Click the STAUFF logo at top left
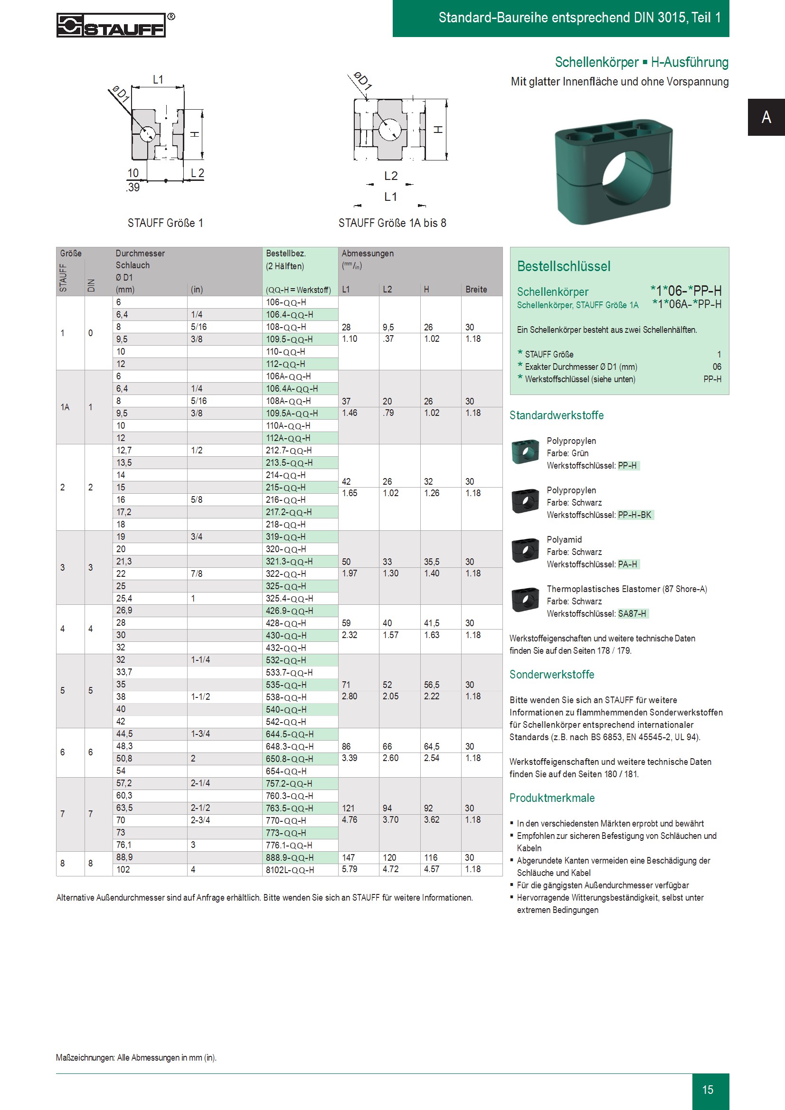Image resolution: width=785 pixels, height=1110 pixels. point(111,25)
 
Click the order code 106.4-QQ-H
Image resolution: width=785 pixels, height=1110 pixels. point(289,315)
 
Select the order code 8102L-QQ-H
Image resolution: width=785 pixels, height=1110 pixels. point(290,870)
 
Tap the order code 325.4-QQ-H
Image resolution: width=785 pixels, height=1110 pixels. point(289,599)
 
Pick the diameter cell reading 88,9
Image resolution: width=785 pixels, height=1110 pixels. point(124,857)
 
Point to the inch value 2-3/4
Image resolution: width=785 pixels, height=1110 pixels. point(200,820)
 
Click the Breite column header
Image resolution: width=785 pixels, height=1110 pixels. point(476,290)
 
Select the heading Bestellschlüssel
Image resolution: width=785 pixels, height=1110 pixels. point(564,266)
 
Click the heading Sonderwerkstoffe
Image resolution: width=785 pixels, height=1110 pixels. point(551,675)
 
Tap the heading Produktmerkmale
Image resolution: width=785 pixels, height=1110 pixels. point(552,798)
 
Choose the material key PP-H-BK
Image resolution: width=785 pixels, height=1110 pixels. point(634,515)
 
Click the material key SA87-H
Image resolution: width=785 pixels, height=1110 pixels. point(632,613)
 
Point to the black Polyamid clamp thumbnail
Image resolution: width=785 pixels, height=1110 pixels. point(525,551)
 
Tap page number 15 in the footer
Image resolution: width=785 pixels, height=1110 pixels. point(708,1090)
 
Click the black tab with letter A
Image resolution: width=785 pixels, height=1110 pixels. point(766,117)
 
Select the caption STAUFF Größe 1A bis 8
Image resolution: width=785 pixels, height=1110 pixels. point(392,223)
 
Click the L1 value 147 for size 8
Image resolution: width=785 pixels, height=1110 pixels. point(348,857)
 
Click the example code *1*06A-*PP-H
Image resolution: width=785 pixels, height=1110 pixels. point(686,304)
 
